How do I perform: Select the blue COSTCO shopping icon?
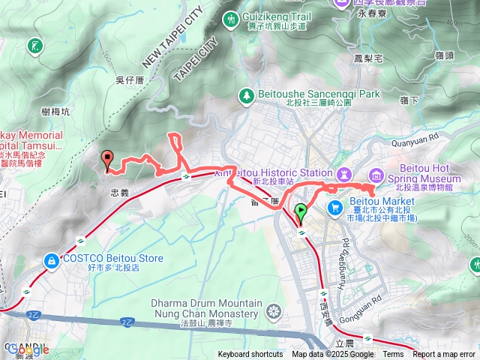[51, 259]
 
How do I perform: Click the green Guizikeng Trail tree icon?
[230, 16]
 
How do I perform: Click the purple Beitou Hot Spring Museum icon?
[376, 175]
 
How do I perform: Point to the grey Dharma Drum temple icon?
[274, 309]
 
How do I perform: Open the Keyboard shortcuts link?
[250, 355]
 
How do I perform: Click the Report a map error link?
[444, 355]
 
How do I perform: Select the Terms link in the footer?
[393, 355]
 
